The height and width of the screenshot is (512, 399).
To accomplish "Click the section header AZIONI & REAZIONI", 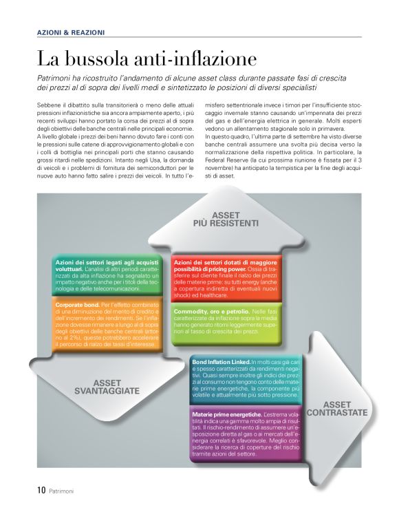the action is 71,32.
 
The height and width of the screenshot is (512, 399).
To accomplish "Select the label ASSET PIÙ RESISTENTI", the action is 225,219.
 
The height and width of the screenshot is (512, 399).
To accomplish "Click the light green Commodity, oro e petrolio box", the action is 226,321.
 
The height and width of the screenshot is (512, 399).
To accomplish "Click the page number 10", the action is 41,490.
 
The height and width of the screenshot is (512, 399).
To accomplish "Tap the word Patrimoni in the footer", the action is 61,491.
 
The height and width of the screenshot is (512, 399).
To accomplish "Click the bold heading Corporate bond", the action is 78,303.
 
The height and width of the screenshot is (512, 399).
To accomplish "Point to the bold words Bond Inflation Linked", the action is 221,361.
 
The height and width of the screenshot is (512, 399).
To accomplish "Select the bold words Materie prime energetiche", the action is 226,414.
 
